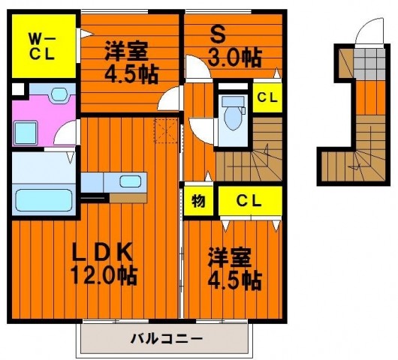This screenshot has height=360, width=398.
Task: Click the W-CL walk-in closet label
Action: (43, 47)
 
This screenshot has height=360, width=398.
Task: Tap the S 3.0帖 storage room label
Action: (234, 49)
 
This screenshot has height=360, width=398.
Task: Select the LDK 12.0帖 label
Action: (103, 264)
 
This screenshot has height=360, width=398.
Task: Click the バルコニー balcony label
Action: (167, 338)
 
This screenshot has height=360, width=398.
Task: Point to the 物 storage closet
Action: (198, 201)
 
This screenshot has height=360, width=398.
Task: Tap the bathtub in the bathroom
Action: (44, 199)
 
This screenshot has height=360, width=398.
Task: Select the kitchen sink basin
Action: (130, 181)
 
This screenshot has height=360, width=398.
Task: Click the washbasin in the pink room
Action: (59, 94)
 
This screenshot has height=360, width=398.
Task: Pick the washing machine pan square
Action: (26, 133)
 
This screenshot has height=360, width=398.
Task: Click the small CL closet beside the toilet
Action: (267, 97)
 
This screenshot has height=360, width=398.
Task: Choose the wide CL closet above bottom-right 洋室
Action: (250, 201)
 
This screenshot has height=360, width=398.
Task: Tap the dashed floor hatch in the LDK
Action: (166, 130)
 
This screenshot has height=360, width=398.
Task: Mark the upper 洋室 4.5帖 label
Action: (131, 62)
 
